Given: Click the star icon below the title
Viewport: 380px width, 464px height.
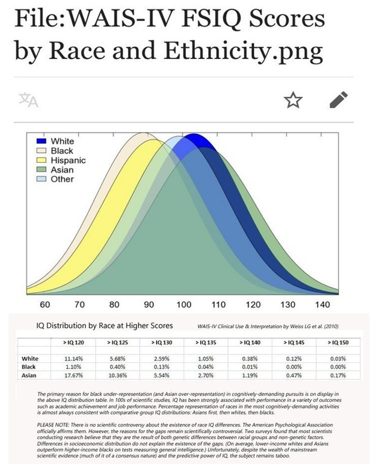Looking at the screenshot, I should pyautogui.click(x=293, y=100).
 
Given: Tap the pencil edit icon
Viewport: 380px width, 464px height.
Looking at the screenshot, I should pyautogui.click(x=339, y=100).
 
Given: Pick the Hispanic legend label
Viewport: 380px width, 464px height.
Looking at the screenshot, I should pyautogui.click(x=68, y=160).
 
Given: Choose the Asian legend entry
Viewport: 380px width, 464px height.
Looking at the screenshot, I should pyautogui.click(x=62, y=170).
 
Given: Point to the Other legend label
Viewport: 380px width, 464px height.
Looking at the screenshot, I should pyautogui.click(x=62, y=179).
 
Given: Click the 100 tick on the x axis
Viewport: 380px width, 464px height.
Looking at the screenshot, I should pyautogui.click(x=184, y=305).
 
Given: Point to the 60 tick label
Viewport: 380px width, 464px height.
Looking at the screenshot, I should pyautogui.click(x=45, y=305).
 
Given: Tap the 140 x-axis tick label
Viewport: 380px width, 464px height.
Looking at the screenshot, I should pyautogui.click(x=323, y=305).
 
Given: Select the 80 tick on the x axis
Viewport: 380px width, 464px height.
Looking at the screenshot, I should pyautogui.click(x=114, y=305).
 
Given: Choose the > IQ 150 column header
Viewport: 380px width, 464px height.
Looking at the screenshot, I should pyautogui.click(x=340, y=343).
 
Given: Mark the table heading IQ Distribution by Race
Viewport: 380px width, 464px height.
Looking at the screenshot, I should pyautogui.click(x=105, y=326).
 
